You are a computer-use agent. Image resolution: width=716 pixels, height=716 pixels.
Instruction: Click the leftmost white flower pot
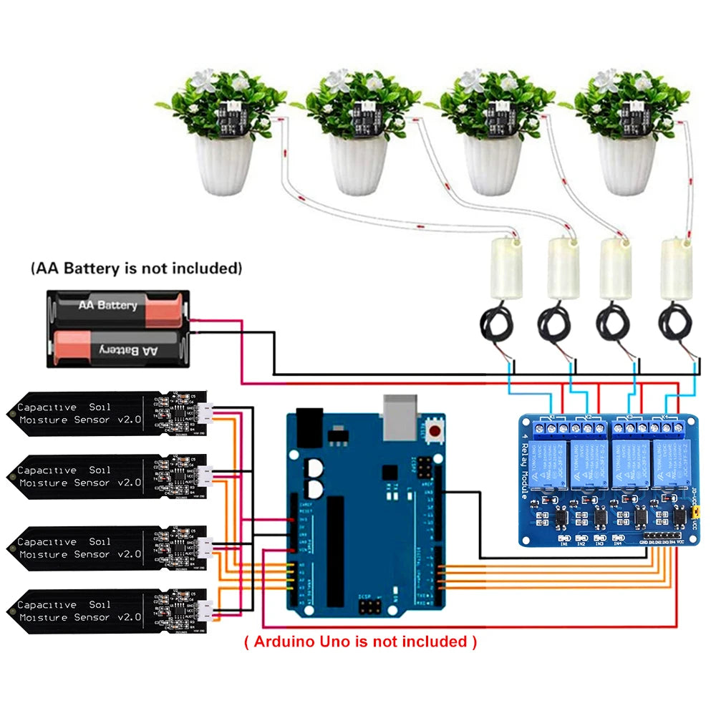[x=224, y=165]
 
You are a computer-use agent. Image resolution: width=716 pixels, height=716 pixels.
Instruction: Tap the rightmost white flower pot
[x=627, y=165]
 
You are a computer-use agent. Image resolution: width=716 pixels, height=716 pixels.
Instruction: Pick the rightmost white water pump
[x=676, y=268]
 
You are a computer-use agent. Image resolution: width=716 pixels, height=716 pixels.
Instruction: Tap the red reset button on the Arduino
[x=435, y=430]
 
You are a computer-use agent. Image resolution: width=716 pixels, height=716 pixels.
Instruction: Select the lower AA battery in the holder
[x=118, y=349]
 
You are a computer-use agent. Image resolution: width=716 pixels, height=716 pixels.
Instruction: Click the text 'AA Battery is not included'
[x=136, y=268]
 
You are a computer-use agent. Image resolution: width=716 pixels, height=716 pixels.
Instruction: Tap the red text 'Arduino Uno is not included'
[x=360, y=641]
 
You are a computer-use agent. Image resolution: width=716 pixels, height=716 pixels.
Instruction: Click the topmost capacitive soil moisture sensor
[x=107, y=413]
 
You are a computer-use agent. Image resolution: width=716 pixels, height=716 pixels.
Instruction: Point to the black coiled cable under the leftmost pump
[x=494, y=326]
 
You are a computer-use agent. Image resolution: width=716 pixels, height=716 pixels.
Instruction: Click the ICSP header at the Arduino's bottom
[x=369, y=608]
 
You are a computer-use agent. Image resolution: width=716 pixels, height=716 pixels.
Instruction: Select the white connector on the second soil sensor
[x=205, y=475]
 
